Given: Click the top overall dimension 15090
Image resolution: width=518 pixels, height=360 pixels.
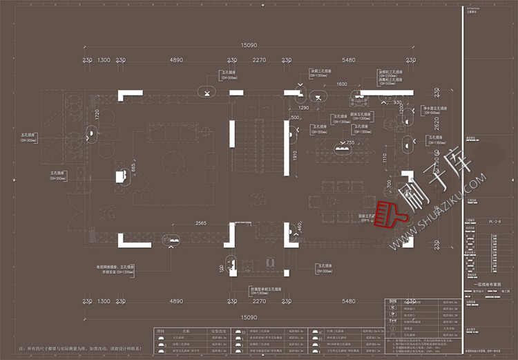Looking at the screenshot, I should coord(249,46).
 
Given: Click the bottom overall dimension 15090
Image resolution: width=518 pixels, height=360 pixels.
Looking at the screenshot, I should coord(249,317).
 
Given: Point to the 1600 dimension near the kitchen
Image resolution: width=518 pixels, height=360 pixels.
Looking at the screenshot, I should coord(341,84).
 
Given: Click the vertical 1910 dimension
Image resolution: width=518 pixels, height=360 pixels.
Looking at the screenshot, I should coord(295,158).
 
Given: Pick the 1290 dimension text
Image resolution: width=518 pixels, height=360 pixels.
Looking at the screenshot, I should coord(304,107).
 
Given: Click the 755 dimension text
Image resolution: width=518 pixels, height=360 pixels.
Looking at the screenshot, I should coord(350,142).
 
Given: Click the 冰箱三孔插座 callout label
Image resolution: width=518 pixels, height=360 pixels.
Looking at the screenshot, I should coord(320,70).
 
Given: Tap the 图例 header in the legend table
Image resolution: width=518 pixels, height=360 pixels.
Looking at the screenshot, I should coord(162,331).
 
